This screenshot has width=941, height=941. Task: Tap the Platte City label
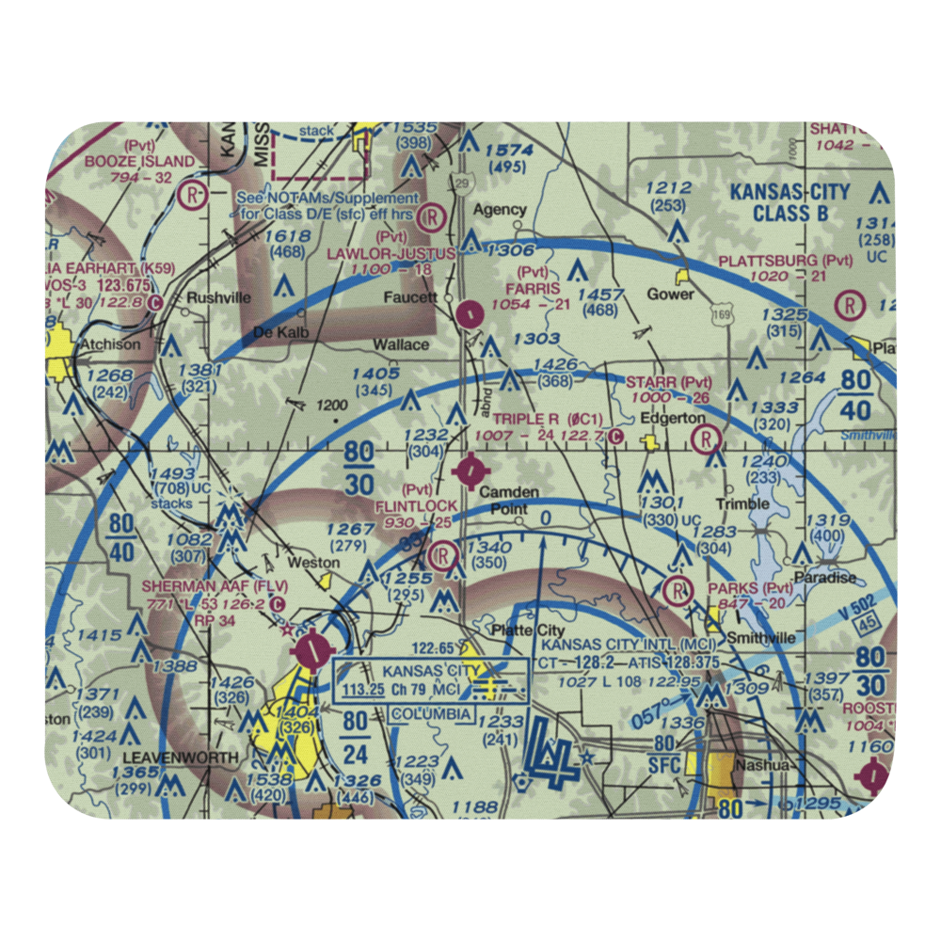click(514, 630)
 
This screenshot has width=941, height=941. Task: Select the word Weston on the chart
click(314, 563)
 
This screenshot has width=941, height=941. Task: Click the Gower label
click(670, 294)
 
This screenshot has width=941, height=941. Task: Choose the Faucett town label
click(412, 297)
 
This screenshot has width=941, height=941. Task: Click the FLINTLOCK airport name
click(417, 506)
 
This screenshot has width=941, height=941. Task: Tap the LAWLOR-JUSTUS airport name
click(391, 254)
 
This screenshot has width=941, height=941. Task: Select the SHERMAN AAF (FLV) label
click(215, 585)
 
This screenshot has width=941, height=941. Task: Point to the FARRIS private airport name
click(533, 288)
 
